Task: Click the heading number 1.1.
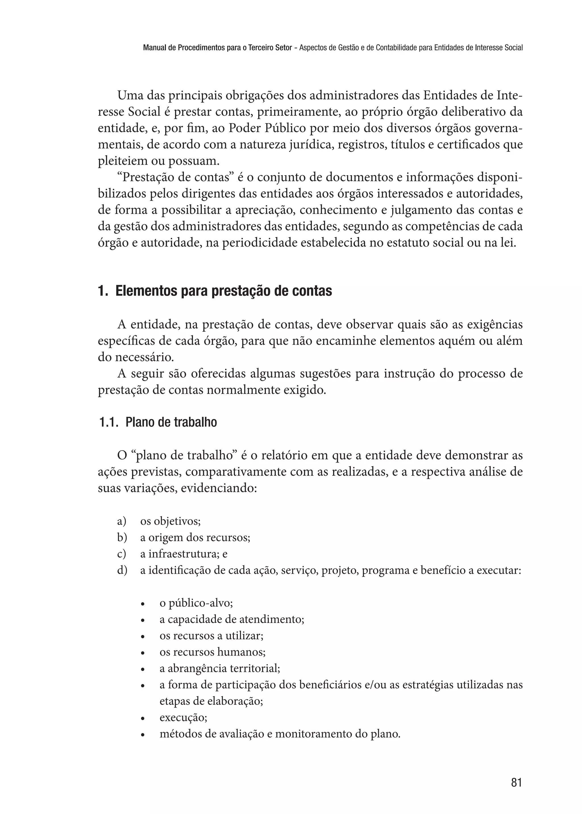pyautogui.click(x=108, y=422)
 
